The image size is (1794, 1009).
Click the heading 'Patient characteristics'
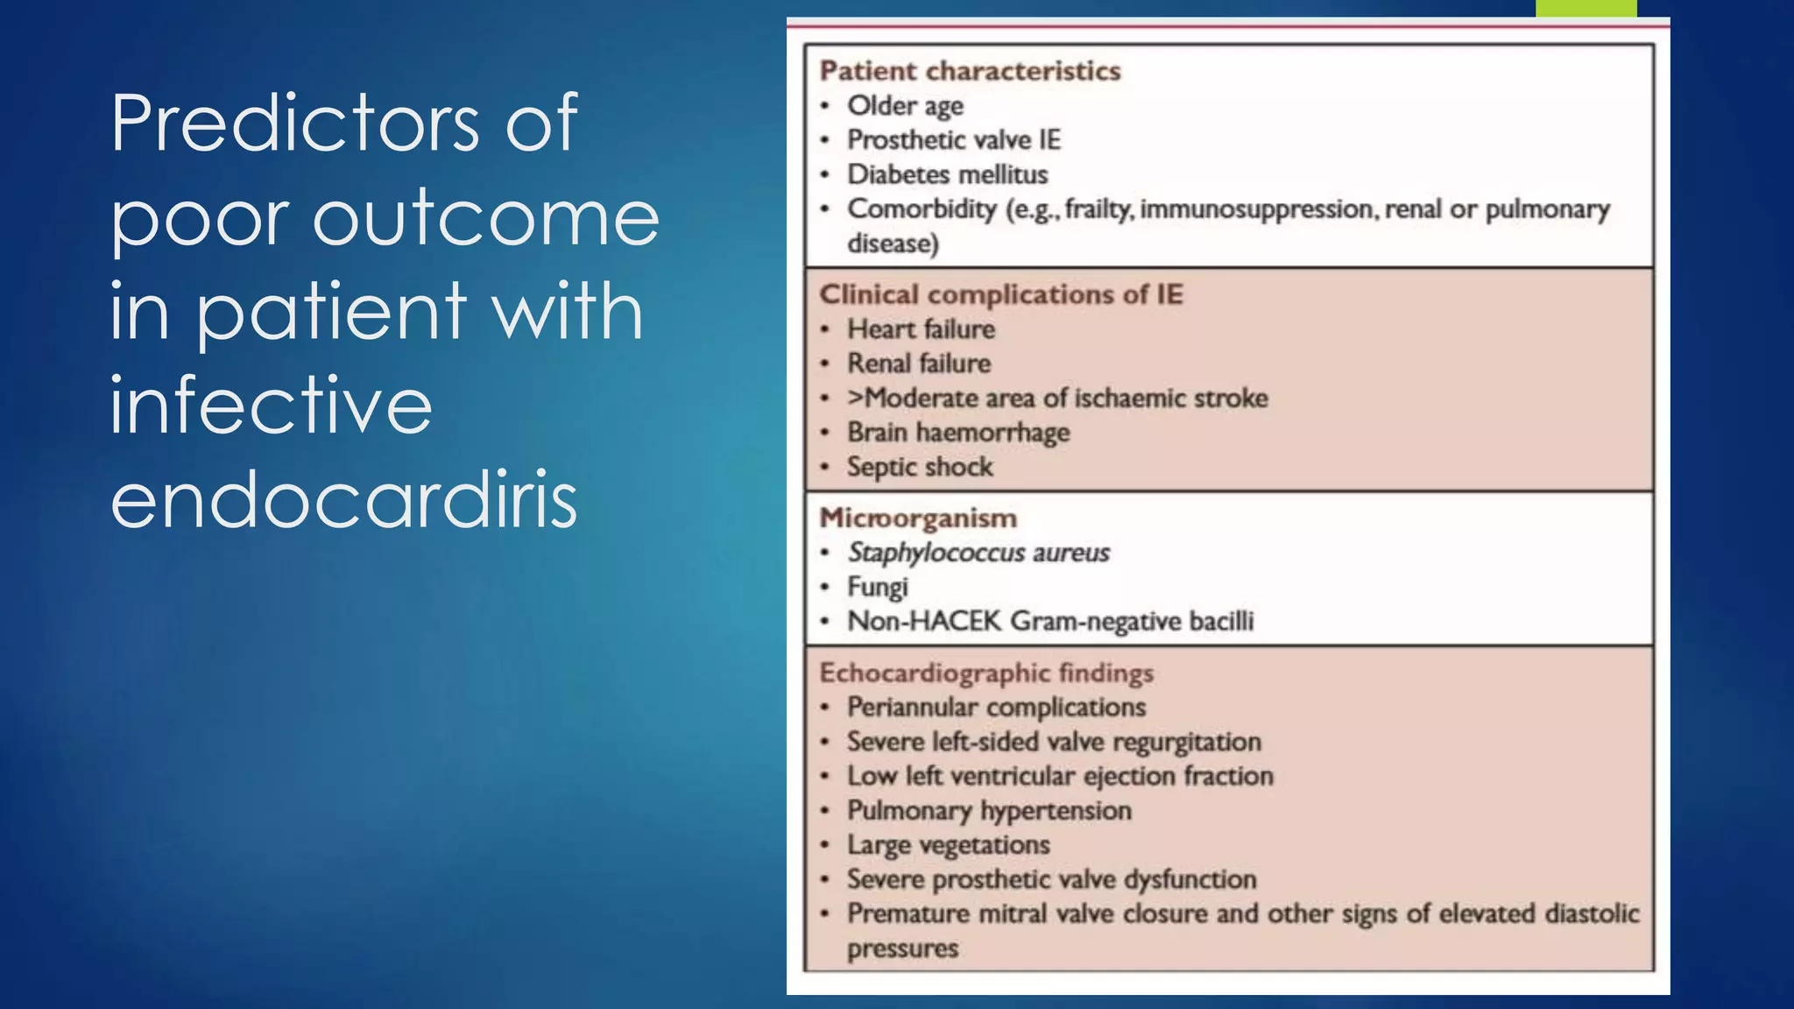pos(970,71)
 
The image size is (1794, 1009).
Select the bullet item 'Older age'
pos(905,106)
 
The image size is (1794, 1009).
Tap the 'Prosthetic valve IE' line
pos(953,140)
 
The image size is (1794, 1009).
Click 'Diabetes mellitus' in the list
pos(947,174)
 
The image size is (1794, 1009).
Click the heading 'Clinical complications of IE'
pos(1000,294)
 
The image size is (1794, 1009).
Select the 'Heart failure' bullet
pos(921,329)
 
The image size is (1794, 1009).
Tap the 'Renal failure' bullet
pos(918,363)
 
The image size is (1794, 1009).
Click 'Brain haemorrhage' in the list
pos(958,433)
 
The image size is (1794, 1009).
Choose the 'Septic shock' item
pos(920,467)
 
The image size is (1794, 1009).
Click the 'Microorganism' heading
pos(918,518)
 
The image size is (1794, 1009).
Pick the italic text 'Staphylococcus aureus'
pos(978,553)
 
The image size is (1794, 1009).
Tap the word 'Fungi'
pos(877,587)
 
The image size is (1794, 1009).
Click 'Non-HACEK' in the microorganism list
pos(924,621)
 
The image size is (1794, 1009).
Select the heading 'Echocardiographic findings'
pos(986,673)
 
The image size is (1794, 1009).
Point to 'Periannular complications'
pos(996,707)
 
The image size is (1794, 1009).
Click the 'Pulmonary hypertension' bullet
pos(989,810)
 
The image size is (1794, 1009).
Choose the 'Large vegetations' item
pos(948,845)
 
